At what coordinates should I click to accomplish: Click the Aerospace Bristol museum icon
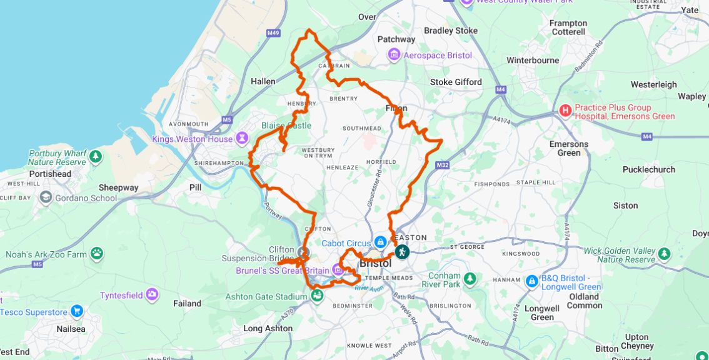[394, 55]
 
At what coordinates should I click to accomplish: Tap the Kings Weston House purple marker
[242, 139]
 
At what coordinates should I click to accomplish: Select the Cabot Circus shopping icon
[380, 242]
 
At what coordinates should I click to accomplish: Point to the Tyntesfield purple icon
[152, 294]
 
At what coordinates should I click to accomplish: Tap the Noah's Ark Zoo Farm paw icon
[97, 254]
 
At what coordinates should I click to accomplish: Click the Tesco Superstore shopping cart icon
[77, 311]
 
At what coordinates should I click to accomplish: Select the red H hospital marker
[566, 111]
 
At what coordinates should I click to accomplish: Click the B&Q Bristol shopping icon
[532, 281]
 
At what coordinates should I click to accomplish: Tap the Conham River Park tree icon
[470, 278]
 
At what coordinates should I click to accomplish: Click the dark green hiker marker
[402, 252]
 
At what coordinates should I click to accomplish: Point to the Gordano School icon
[46, 197]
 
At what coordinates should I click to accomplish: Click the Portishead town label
[50, 174]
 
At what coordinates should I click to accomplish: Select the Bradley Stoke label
[450, 30]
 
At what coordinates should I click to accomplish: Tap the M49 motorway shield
[273, 33]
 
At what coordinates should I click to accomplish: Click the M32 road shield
[443, 165]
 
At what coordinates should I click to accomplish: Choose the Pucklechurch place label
[648, 169]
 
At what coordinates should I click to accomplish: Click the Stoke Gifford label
[456, 82]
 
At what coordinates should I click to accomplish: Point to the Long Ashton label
[268, 328]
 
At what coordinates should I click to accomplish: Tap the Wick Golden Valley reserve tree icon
[664, 254]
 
